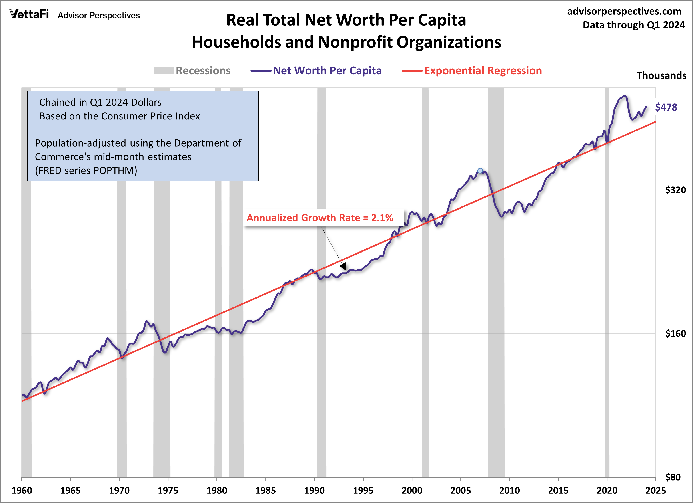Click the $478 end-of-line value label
666,107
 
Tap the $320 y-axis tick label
675,190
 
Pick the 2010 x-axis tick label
509,491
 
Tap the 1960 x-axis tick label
22,491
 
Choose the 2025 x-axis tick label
655,491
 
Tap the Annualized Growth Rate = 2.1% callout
320,218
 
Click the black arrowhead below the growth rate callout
343,267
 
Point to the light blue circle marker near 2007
480,171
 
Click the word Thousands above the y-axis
661,75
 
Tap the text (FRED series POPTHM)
86,170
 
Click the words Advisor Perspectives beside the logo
99,15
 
